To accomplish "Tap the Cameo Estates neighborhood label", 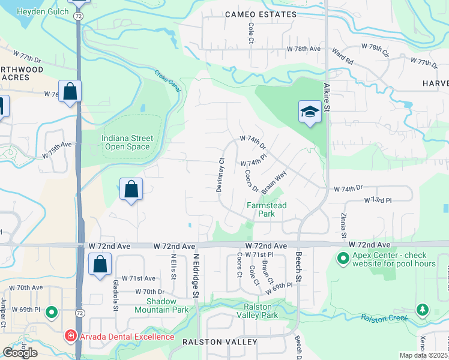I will (257, 14).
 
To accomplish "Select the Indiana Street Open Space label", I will (127, 142).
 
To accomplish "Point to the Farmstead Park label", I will (267, 209).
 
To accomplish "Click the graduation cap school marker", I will (310, 112).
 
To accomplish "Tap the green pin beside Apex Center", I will (343, 259).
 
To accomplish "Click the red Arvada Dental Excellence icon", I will (71, 337).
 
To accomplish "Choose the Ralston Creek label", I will (382, 317).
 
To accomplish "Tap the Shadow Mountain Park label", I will (163, 305).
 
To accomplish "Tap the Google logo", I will (20, 353).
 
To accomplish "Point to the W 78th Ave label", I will (304, 48).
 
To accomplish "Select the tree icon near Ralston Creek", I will (423, 310).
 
